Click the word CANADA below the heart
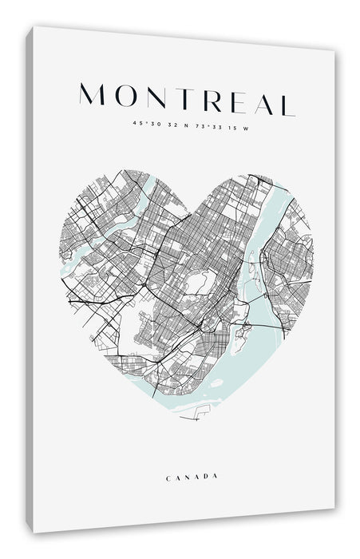(192, 477)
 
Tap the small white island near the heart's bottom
(216, 383)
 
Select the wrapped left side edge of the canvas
(29, 279)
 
